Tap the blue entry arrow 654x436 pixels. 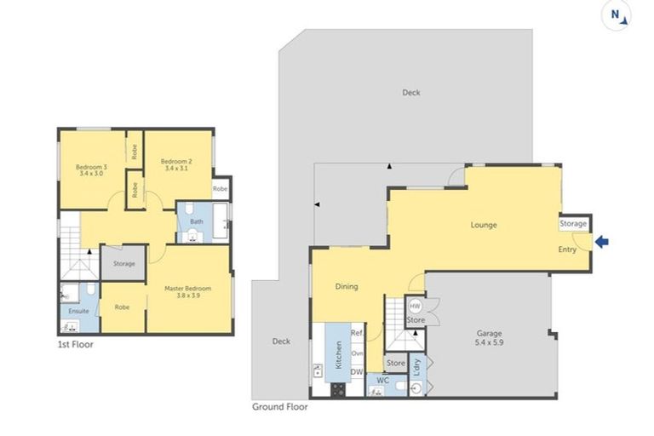(602, 243)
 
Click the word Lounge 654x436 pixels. (484, 225)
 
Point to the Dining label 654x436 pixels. (345, 287)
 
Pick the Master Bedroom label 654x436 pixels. (186, 292)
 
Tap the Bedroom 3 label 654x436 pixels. (91, 169)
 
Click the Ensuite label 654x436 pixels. (78, 311)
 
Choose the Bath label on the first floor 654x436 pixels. (196, 222)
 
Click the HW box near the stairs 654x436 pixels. (415, 307)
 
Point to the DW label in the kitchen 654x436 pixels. (358, 371)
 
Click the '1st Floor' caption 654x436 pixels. (76, 345)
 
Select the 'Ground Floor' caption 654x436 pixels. (279, 406)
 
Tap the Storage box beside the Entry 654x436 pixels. (573, 223)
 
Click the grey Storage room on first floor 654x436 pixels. (124, 264)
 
